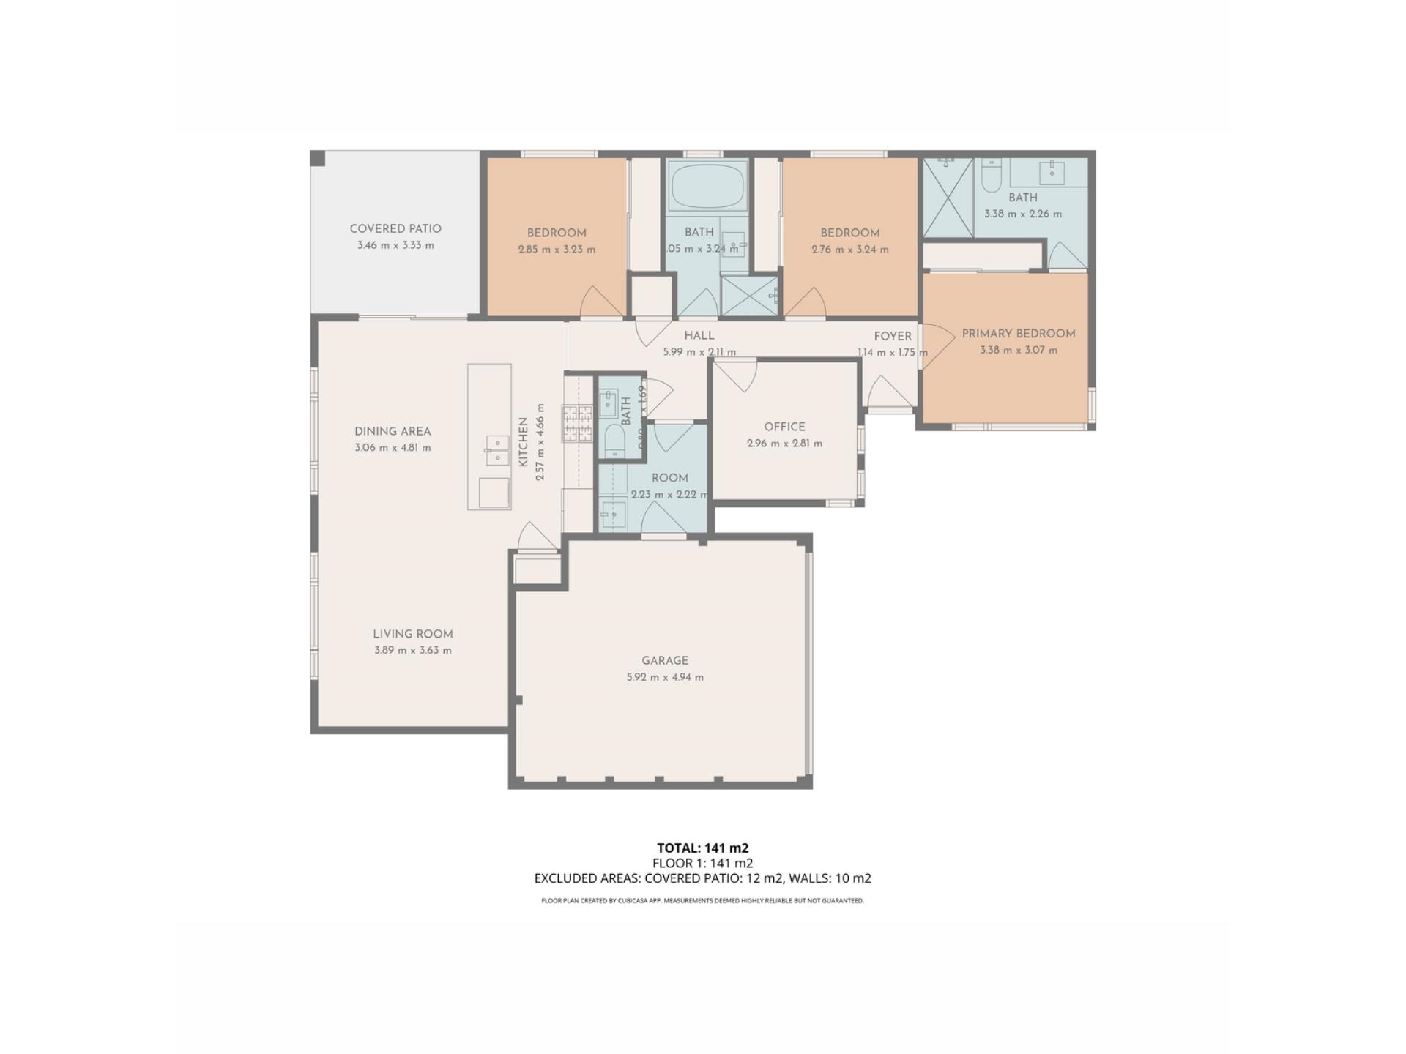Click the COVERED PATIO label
(x=395, y=228)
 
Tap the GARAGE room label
(x=665, y=660)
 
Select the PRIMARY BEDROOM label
(x=1018, y=333)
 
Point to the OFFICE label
(x=784, y=427)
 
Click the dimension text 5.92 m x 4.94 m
(x=665, y=677)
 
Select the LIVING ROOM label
(x=412, y=634)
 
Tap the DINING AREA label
(x=393, y=431)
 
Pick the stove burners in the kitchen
(x=577, y=424)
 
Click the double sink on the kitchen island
(x=497, y=450)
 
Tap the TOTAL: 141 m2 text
(x=702, y=848)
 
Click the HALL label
(x=699, y=335)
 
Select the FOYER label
(x=893, y=336)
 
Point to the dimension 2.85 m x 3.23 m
(x=557, y=250)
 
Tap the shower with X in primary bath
(x=948, y=198)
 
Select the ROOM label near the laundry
(x=669, y=478)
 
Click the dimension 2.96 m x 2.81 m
(x=784, y=444)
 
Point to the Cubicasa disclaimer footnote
(x=702, y=901)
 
